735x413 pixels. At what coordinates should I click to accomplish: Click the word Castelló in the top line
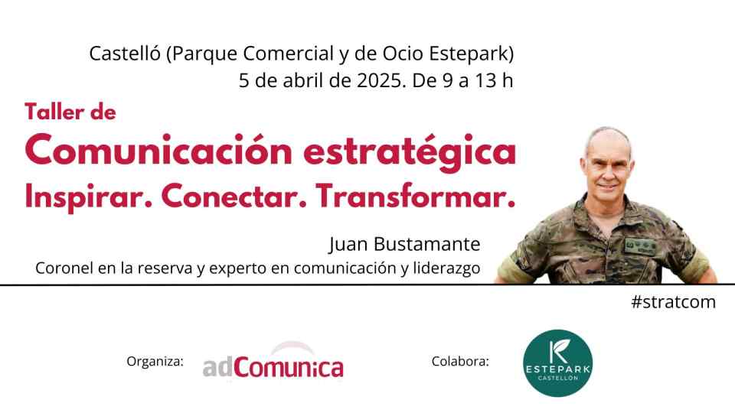tap(125, 54)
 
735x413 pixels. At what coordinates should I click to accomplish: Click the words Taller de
tap(70, 112)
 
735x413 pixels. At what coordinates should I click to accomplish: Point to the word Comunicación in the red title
tap(159, 150)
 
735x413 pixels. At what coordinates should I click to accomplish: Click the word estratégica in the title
tap(410, 151)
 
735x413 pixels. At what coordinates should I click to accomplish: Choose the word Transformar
tap(415, 197)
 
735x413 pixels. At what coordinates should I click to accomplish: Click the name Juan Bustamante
tap(404, 245)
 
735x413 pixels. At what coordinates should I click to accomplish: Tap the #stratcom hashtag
tap(674, 302)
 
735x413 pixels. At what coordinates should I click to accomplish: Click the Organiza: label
tap(155, 362)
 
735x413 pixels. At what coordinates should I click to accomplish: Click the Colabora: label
tap(460, 362)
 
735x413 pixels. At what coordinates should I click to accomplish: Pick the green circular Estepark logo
tap(558, 363)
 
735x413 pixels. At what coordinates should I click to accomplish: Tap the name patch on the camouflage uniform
tap(640, 245)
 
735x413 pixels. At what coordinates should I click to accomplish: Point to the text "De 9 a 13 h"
tap(462, 80)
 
